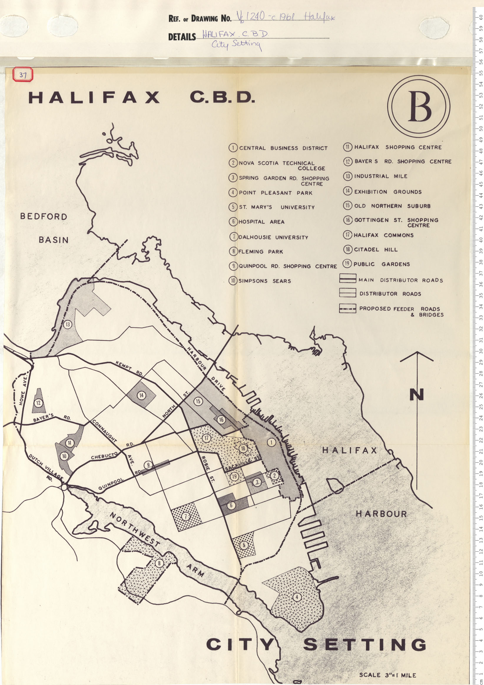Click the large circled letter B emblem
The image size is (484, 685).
419,106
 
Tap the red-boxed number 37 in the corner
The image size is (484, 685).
23,74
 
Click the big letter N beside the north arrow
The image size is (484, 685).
417,394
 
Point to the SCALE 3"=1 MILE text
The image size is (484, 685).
387,675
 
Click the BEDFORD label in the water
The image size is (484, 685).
44,216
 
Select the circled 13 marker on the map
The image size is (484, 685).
68,324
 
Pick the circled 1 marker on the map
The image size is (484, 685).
271,442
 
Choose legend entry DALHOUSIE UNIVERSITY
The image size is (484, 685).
273,237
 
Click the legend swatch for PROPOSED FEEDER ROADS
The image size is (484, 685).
347,308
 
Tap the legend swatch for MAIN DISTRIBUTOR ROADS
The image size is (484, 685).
347,278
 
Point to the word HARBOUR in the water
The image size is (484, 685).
381,514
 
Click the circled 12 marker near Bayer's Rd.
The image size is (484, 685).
38,403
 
